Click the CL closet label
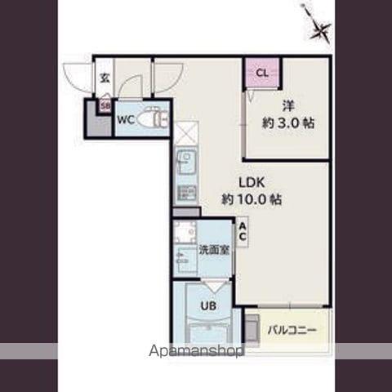tap(262, 73)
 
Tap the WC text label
tap(126, 119)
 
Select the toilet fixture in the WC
tap(153, 118)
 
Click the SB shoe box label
tap(105, 105)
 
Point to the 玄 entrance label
tap(105, 78)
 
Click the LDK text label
tap(252, 182)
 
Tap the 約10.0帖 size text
tap(252, 200)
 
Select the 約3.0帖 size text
tap(288, 123)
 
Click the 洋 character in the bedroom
tap(288, 106)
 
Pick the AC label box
tap(243, 232)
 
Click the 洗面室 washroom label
tap(214, 250)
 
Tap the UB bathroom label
tap(208, 306)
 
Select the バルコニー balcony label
tap(292, 331)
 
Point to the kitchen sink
tap(186, 162)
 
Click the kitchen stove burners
tap(186, 192)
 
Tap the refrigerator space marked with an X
tap(186, 134)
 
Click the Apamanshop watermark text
tap(196, 351)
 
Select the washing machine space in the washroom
tap(185, 232)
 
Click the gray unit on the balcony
tap(252, 328)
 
